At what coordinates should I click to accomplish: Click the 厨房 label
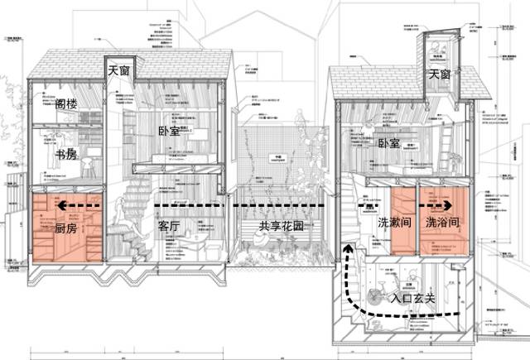click(65, 227)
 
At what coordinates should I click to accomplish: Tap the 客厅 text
click(169, 226)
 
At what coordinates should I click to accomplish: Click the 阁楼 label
click(67, 106)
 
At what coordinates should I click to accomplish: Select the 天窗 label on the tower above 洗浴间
click(441, 74)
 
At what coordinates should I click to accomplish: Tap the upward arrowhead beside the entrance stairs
click(348, 247)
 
